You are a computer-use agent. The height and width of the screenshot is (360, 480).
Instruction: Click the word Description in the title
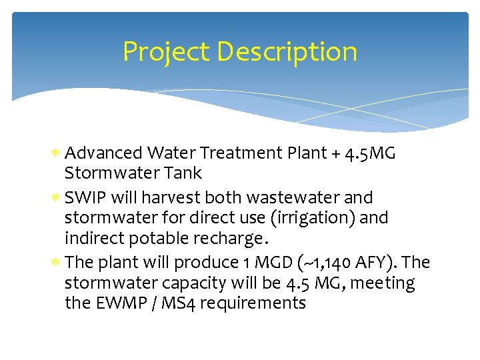285,52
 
